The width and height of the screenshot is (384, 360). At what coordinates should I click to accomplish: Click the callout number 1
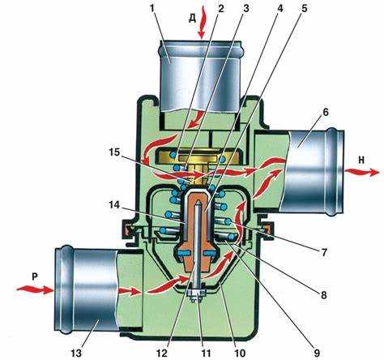(x=152, y=9)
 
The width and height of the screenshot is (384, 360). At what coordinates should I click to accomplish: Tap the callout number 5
(x=305, y=8)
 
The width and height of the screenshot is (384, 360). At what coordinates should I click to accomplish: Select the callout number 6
(x=326, y=112)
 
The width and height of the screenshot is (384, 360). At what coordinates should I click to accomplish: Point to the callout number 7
(x=324, y=252)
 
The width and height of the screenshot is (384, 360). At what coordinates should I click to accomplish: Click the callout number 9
(x=316, y=352)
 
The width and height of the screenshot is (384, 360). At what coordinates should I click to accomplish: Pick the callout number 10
(x=241, y=352)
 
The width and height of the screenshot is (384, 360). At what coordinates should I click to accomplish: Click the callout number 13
(x=76, y=352)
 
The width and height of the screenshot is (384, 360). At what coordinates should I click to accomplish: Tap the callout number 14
(x=114, y=205)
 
